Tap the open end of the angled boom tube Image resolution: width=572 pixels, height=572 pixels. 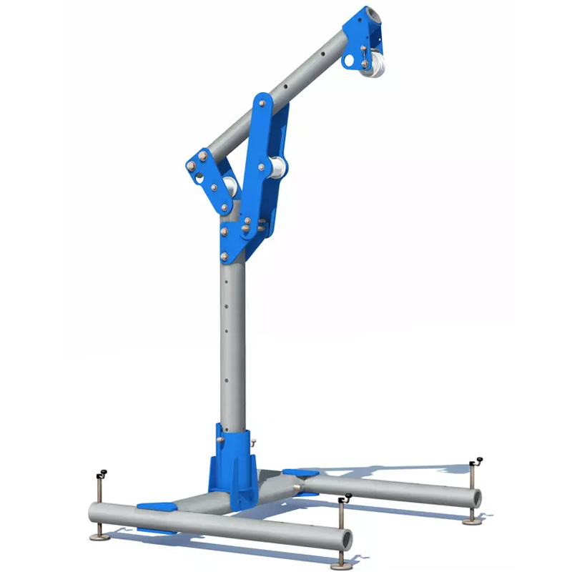tap(371, 16)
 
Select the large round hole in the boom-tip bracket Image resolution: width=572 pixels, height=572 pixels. tap(348, 62)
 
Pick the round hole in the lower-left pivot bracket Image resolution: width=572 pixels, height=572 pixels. tap(202, 177)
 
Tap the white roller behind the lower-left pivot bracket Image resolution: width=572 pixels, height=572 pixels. tap(231, 187)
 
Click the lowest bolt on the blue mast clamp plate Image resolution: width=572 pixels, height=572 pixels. tap(224, 255)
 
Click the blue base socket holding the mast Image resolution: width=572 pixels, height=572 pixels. tap(230, 465)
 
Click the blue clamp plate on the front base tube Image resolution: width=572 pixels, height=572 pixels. tap(157, 506)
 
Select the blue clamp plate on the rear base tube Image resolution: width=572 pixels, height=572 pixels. tap(301, 473)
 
